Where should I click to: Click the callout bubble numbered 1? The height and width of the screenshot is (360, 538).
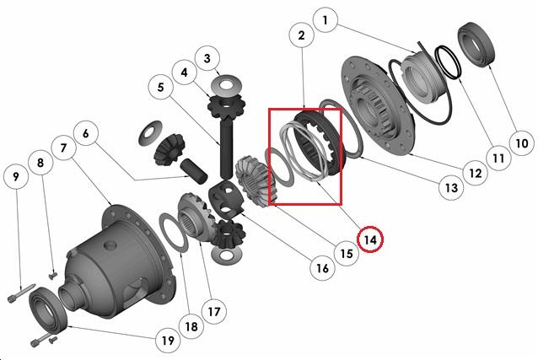(325, 20)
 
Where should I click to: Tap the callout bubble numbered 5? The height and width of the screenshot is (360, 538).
(160, 87)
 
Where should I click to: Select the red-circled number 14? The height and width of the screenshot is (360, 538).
(370, 239)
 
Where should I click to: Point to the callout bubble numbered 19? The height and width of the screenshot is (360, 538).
(168, 341)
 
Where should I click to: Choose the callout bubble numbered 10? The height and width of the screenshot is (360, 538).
(522, 142)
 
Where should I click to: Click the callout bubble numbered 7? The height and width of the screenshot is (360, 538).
(63, 148)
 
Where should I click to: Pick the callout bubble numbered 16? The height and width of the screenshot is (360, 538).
(322, 268)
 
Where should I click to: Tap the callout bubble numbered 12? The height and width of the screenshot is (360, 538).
(476, 173)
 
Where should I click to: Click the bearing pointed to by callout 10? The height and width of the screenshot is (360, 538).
(476, 45)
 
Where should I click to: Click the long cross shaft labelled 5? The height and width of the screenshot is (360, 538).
(227, 148)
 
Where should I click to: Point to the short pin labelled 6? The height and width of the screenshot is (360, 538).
(194, 170)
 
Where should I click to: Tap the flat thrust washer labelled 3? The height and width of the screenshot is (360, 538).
(228, 85)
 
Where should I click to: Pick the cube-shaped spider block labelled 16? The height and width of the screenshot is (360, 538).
(226, 200)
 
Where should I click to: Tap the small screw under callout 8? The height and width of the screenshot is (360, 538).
(52, 275)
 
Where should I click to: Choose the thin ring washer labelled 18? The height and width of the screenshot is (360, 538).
(174, 233)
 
